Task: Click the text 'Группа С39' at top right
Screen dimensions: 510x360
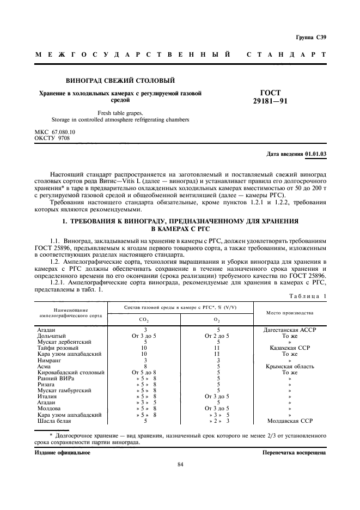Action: pyautogui.click(x=311, y=38)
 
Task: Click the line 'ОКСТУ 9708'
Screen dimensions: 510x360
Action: pyautogui.click(x=52, y=138)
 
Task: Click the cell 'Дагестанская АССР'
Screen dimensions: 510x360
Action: pyautogui.click(x=289, y=330)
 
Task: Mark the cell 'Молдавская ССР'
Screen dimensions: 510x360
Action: pyautogui.click(x=289, y=421)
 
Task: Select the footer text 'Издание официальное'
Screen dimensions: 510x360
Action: pyautogui.click(x=63, y=452)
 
